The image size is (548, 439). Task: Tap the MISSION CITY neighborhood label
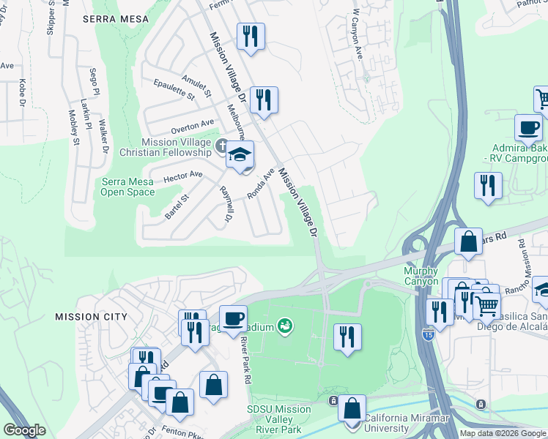point(91,317)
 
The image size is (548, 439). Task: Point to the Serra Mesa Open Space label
point(127,187)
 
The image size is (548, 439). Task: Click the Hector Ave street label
point(183,176)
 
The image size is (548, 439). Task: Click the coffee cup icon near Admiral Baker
point(528,128)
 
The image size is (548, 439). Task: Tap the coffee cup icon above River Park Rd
point(233,318)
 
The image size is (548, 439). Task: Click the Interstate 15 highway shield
point(428,334)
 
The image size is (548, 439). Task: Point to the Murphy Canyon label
point(421,277)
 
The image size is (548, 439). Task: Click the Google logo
point(26,429)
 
